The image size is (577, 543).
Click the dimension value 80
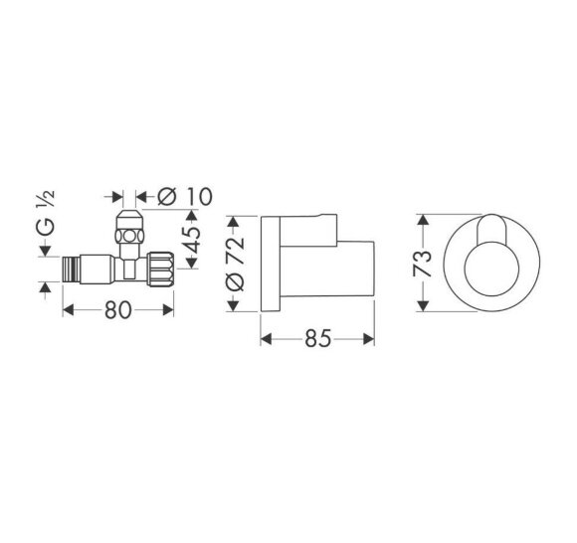pyautogui.click(x=118, y=310)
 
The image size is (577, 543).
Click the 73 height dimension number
pyautogui.click(x=423, y=262)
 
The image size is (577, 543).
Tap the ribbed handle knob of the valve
pyautogui.click(x=163, y=267)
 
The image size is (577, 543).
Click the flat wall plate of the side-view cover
pyautogui.click(x=270, y=262)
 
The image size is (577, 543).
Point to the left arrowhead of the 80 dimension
pyautogui.click(x=68, y=310)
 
